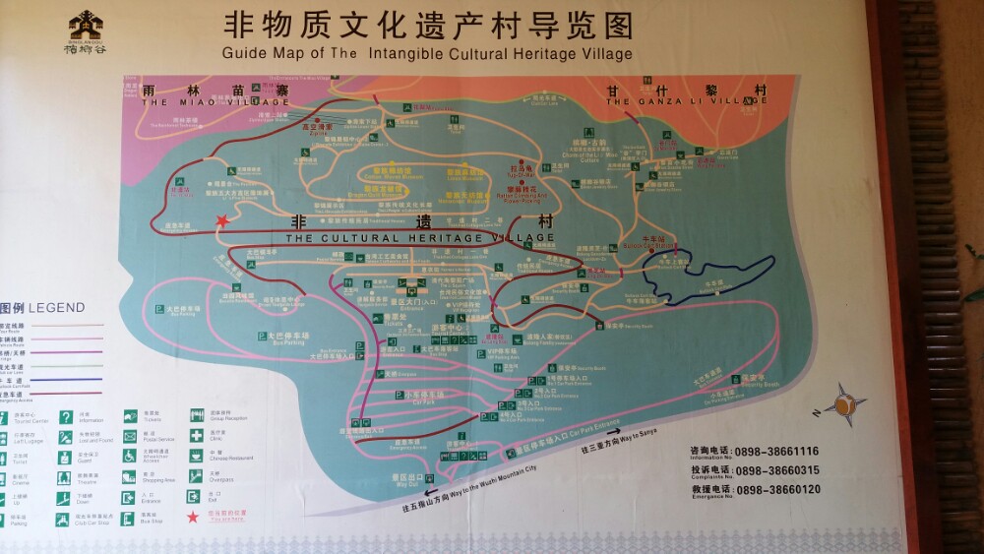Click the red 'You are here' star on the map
click(223, 220)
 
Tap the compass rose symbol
click(843, 404)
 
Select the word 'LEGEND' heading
click(57, 308)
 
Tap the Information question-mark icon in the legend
click(66, 417)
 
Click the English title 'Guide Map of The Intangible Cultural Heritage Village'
click(427, 53)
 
